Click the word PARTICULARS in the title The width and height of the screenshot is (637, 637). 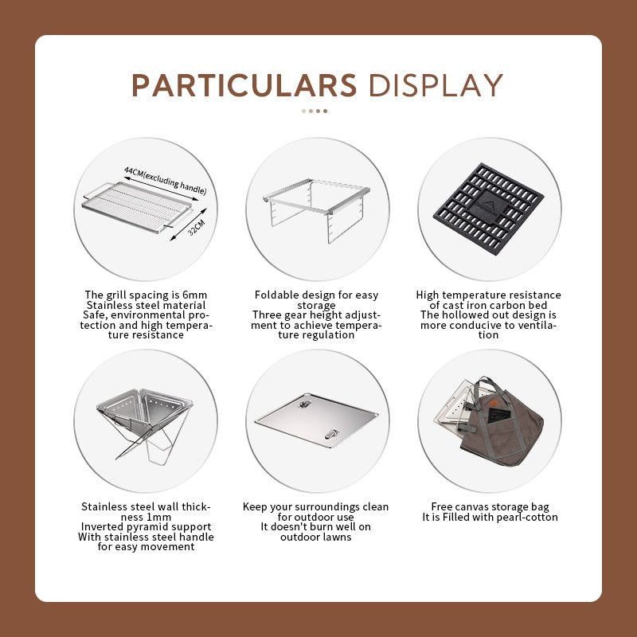pos(244,85)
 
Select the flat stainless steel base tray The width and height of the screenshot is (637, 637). pos(316,417)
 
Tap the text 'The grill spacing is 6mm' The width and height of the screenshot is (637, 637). pos(146,295)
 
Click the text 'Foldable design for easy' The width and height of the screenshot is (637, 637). pos(317,295)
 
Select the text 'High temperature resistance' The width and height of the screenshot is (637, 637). pos(488,295)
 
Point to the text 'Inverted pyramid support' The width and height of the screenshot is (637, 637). pos(146,526)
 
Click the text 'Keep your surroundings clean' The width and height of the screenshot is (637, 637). pos(317,506)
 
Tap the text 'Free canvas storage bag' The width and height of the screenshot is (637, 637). pos(490,506)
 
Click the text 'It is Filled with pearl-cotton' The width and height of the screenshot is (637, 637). pos(490,517)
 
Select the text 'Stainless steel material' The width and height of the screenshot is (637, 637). pos(146,305)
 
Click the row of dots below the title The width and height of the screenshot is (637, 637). pos(315,111)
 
